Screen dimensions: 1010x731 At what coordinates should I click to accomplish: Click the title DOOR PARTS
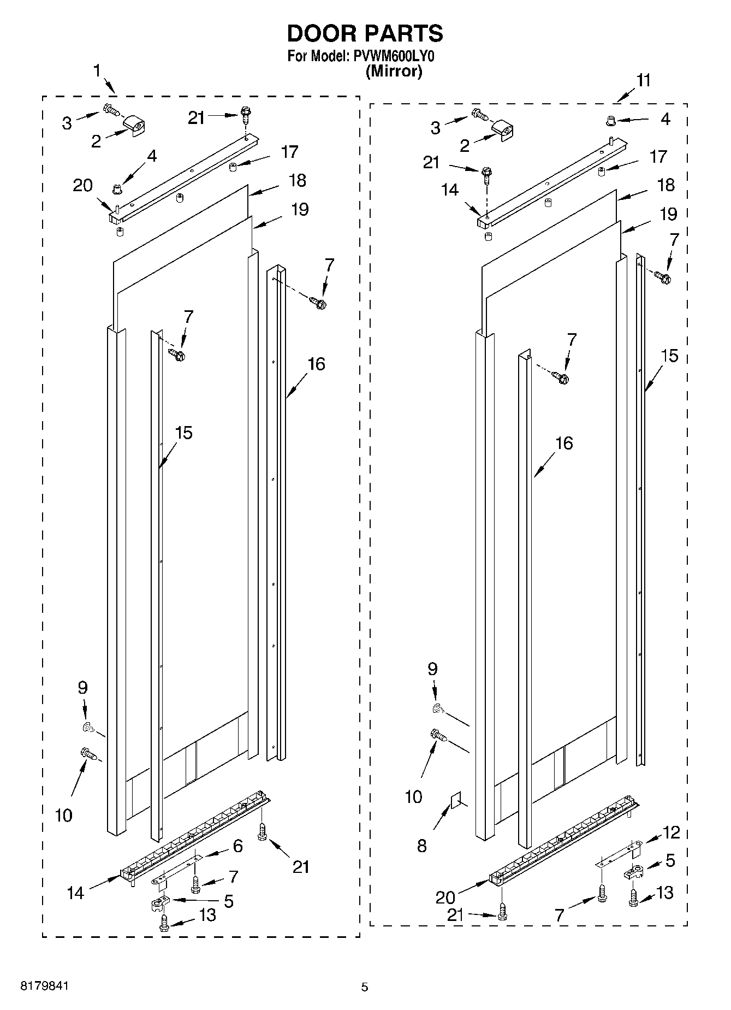click(x=365, y=34)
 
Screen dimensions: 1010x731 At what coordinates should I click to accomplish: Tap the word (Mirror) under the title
click(x=394, y=72)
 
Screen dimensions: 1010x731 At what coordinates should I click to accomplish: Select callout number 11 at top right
click(x=644, y=80)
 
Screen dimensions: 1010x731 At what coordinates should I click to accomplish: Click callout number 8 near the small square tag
click(x=421, y=846)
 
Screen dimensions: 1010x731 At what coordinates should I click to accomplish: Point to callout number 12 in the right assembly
click(x=671, y=832)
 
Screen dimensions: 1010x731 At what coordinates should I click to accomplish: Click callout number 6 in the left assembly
click(x=237, y=846)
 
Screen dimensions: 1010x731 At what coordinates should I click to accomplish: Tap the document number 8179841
click(x=45, y=987)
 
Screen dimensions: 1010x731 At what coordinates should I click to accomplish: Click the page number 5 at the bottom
click(x=365, y=987)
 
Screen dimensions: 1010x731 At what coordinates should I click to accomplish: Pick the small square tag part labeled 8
click(x=455, y=802)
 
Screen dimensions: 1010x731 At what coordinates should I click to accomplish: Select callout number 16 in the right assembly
click(x=564, y=443)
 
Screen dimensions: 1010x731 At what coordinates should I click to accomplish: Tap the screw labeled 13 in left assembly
click(x=163, y=922)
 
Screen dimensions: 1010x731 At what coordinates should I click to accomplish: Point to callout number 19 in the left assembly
click(x=300, y=209)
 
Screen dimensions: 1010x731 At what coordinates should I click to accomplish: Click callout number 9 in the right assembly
click(x=432, y=669)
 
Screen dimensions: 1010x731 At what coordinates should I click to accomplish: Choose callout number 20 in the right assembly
click(x=445, y=897)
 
